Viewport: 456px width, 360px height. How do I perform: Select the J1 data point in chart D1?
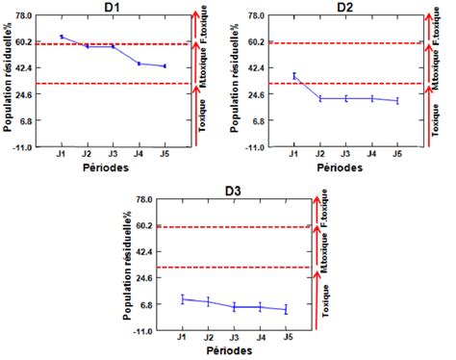click(61, 37)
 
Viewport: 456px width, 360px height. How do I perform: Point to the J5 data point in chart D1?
click(165, 65)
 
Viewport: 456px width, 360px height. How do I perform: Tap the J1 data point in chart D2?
click(294, 76)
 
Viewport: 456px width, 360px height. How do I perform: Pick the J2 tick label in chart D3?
click(208, 339)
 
